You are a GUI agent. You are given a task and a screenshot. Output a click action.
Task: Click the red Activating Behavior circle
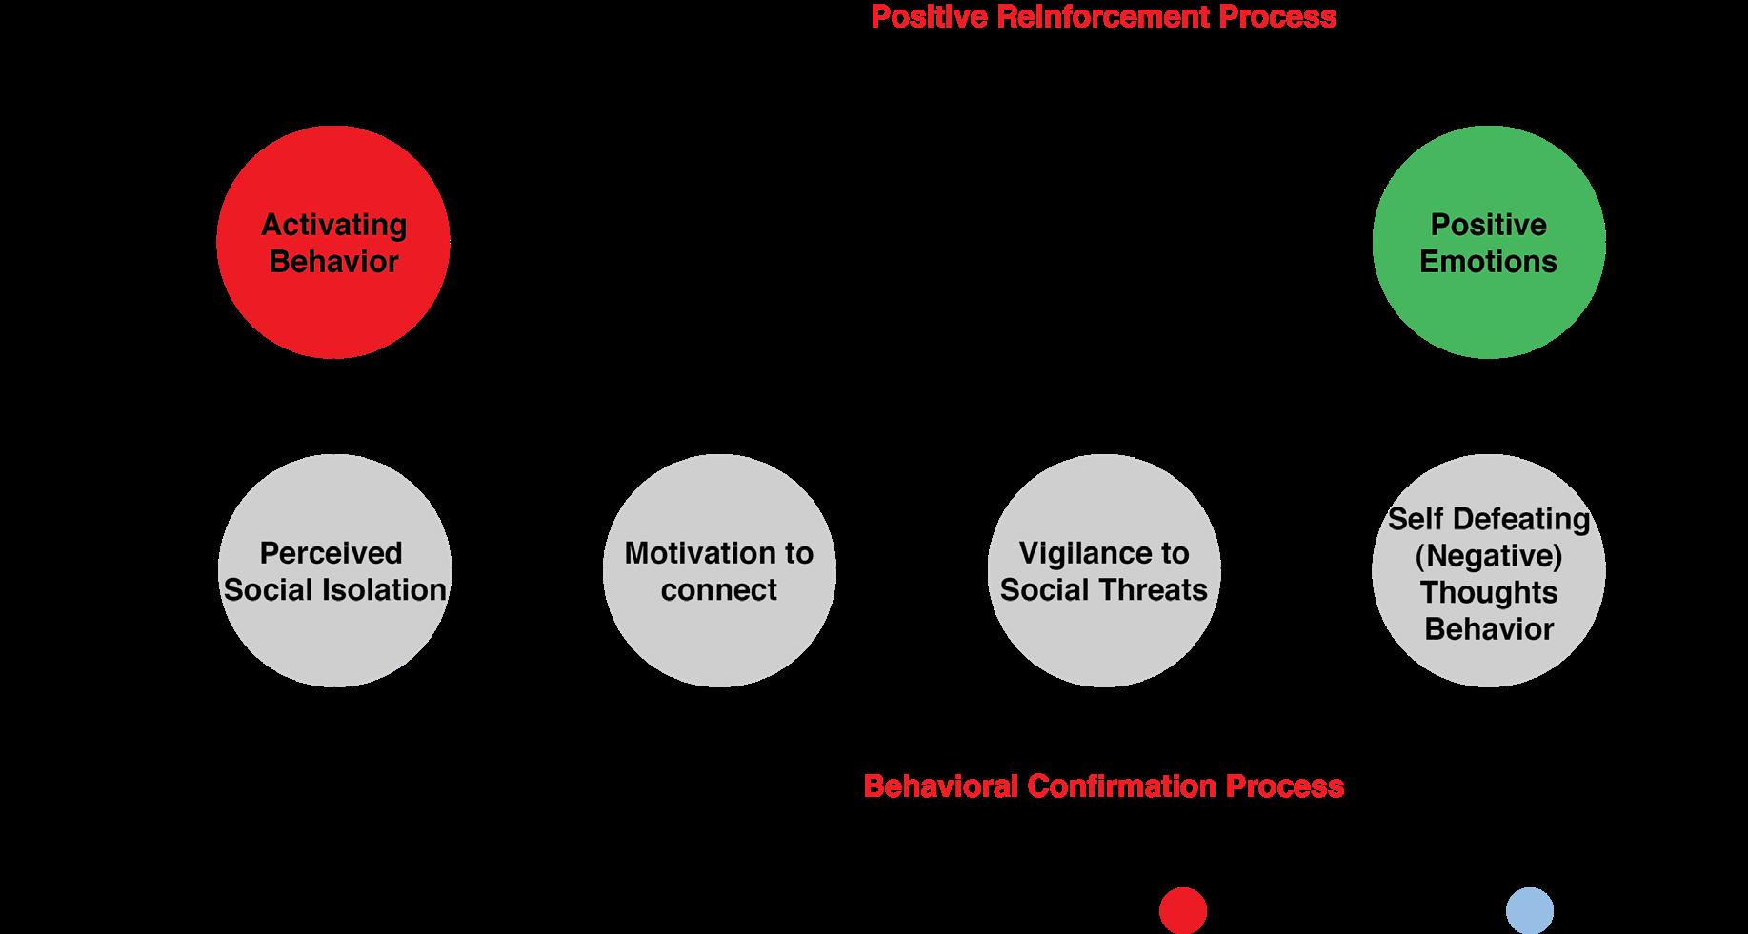coord(333,243)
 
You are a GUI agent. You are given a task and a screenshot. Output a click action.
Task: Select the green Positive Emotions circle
coord(1489,243)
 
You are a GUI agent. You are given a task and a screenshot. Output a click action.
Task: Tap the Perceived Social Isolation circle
coord(335,571)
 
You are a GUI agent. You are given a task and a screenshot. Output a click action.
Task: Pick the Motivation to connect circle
coord(719,571)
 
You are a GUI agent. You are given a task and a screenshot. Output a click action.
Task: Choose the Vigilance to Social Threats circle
coord(1104,571)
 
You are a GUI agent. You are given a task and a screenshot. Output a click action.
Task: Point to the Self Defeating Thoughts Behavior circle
coord(1489,571)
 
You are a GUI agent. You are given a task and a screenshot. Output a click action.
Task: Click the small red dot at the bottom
coord(1183,910)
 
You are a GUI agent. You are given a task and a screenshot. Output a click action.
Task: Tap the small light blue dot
coord(1530,910)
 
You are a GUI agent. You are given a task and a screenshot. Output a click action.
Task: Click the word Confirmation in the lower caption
coord(1121,786)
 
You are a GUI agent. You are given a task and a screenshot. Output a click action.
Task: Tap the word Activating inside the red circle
coord(333,226)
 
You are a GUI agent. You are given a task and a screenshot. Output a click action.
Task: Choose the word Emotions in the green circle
coord(1488,262)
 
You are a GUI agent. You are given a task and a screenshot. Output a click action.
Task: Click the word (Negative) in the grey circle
coord(1489,556)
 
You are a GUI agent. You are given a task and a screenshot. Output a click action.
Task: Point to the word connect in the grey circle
coord(719,590)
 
